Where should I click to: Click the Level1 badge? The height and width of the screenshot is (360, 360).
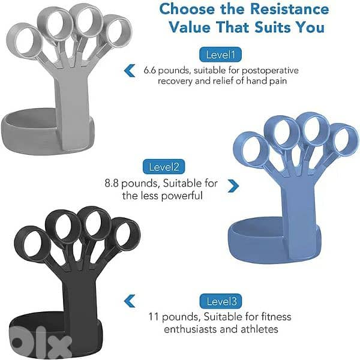tap(220, 55)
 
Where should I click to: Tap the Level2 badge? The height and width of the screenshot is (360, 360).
tap(164, 167)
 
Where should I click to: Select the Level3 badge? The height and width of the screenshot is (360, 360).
tap(221, 301)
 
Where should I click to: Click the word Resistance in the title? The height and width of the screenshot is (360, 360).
tap(289, 9)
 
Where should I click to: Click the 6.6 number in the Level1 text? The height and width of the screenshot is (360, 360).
tap(149, 70)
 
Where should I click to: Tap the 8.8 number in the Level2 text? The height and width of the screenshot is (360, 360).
tap(112, 183)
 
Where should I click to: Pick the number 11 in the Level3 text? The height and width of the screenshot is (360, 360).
tap(154, 317)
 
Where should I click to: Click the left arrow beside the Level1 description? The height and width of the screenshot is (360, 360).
tap(130, 70)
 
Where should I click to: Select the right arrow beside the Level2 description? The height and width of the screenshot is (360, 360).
tap(233, 186)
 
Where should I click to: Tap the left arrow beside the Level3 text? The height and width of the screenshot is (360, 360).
tap(130, 301)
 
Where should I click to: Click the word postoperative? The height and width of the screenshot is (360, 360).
tap(270, 70)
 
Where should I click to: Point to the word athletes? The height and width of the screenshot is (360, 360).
tap(259, 329)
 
